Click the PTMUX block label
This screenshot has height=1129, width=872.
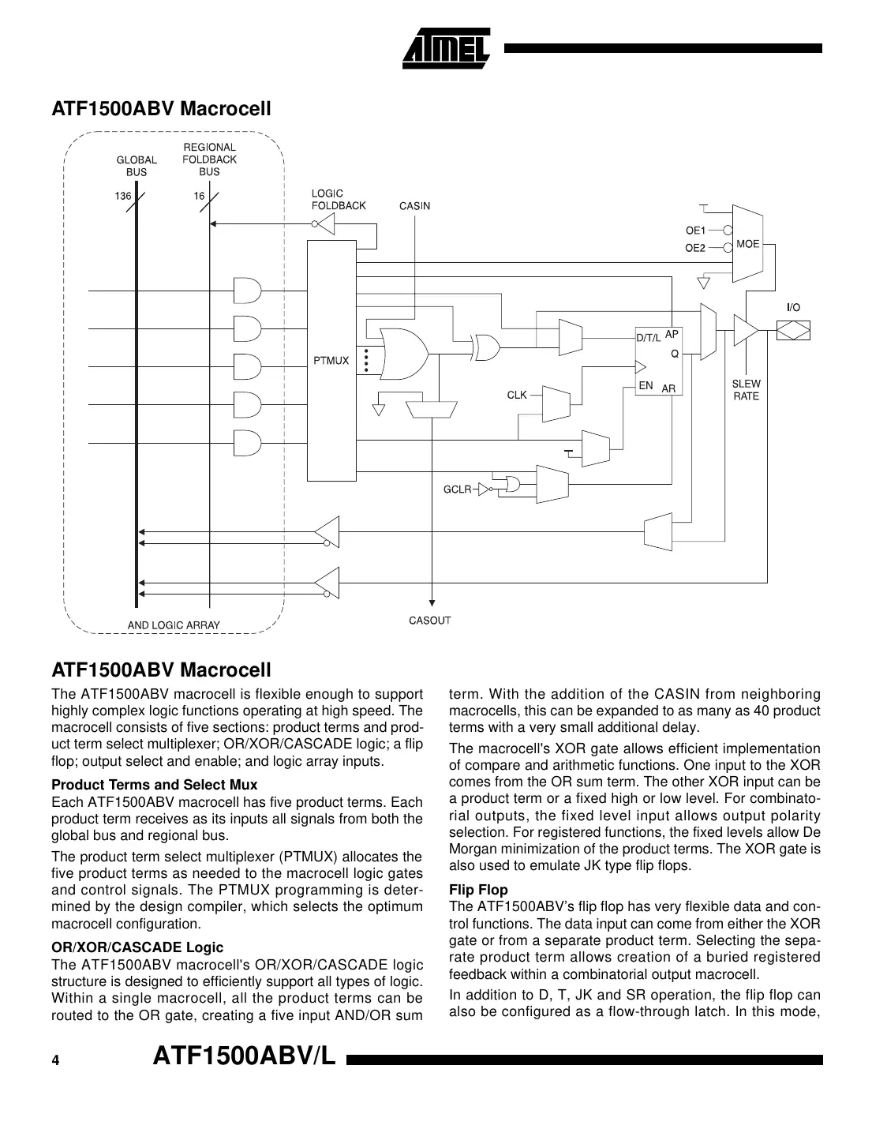point(330,361)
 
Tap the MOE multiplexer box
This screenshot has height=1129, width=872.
point(747,244)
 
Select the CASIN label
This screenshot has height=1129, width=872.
point(414,206)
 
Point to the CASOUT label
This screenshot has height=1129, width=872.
point(429,621)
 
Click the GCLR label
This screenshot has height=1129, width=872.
point(457,489)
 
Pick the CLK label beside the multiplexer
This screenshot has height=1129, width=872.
point(517,395)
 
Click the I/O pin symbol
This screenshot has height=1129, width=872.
point(793,329)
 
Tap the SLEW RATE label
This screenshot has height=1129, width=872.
point(746,390)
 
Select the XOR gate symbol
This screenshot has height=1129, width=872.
point(485,347)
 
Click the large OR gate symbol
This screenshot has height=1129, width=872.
point(403,354)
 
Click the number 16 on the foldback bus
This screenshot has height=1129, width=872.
point(199,196)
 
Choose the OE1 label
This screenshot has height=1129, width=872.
point(694,231)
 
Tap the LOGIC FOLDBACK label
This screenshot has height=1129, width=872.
point(339,200)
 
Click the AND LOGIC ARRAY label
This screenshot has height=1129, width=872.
point(174,625)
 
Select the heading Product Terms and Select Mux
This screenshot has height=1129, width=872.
point(154,785)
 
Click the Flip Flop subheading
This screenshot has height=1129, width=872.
point(478,890)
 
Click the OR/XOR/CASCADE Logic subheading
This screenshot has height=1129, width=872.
point(137,947)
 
